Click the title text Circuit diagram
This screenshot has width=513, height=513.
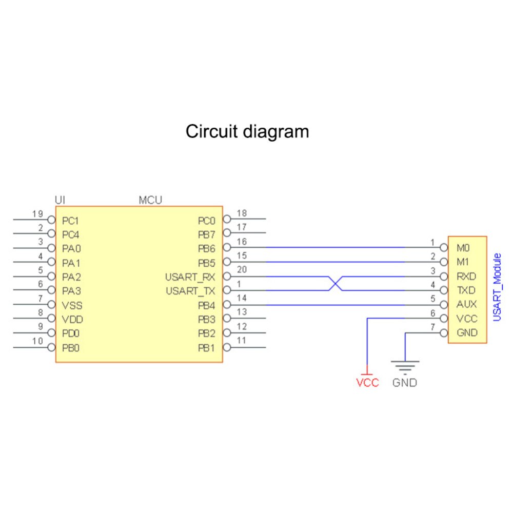247,131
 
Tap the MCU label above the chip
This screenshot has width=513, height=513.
150,200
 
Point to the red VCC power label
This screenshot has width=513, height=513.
367,383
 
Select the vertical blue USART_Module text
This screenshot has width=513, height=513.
496,287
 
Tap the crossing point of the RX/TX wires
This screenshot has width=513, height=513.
335,284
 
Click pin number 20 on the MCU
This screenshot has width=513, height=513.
243,270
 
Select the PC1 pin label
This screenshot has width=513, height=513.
70,222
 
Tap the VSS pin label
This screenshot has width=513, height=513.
71,305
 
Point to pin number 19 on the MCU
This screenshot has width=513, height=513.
36,214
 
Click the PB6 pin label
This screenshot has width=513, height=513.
206,249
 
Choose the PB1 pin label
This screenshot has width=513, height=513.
206,347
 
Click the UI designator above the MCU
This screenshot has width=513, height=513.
60,200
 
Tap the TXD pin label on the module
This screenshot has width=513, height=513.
466,290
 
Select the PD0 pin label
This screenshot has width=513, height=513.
71,333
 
